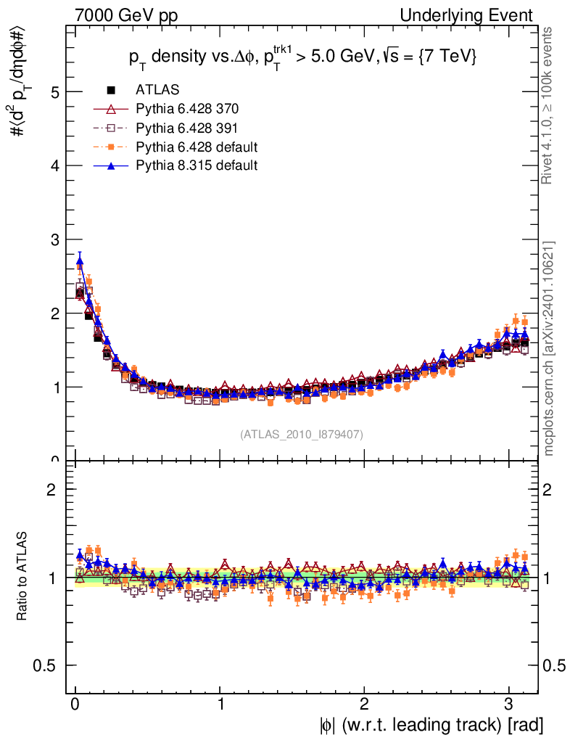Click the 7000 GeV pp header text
click(131, 15)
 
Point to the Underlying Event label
click(474, 15)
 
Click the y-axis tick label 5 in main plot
click(54, 92)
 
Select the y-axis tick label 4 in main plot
click(54, 166)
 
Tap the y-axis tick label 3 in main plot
click(54, 240)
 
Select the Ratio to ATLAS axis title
click(22, 578)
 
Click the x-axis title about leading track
click(431, 725)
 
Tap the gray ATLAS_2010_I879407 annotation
click(302, 435)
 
